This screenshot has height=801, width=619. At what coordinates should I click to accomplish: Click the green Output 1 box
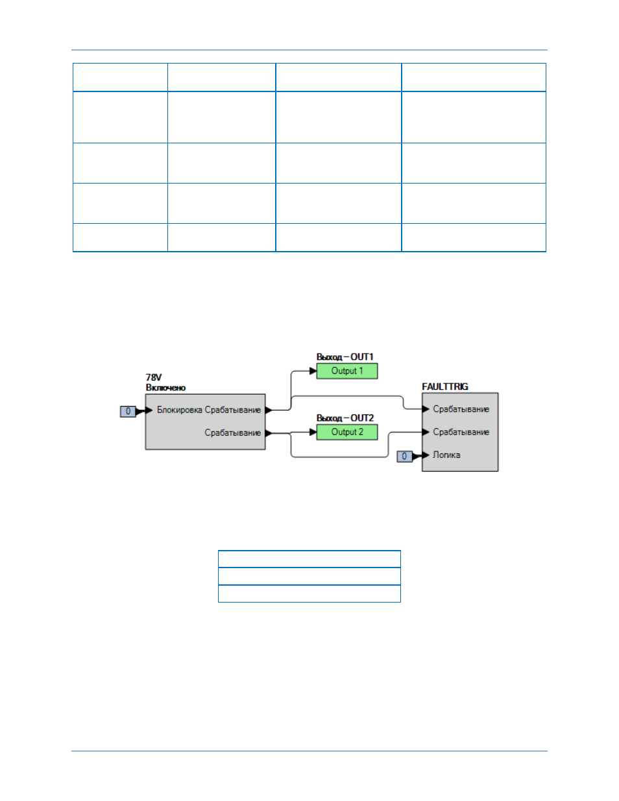click(347, 371)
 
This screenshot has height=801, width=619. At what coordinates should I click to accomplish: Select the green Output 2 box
click(347, 432)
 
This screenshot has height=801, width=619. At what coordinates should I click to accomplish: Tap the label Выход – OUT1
click(345, 357)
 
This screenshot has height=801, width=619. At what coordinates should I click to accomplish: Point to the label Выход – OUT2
click(345, 418)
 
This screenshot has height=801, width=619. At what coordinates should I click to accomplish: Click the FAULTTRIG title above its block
click(445, 387)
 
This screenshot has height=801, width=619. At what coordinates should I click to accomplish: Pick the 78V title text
click(153, 377)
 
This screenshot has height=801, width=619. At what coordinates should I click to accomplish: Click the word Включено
click(165, 388)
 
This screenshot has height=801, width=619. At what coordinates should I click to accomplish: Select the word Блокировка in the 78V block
click(180, 410)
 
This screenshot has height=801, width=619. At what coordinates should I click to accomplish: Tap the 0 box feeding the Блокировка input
click(128, 411)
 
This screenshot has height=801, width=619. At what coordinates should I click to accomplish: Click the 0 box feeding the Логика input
click(404, 457)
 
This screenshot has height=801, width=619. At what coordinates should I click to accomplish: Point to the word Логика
click(446, 455)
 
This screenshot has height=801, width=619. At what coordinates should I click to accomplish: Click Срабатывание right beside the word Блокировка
click(233, 410)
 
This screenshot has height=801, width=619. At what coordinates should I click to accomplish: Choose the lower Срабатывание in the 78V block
click(233, 433)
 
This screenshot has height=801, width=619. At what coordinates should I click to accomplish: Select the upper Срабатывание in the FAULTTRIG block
click(461, 409)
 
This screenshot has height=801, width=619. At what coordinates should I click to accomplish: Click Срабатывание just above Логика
click(461, 432)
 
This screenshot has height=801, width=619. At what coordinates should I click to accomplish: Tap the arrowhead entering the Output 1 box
click(313, 371)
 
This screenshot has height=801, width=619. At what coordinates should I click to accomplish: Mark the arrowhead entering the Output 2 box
click(313, 432)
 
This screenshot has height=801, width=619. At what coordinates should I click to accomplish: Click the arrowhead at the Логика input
click(425, 455)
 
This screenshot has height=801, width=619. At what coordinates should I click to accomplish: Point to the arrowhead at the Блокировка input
click(149, 411)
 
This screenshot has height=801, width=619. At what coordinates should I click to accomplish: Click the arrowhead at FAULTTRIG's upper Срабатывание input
click(426, 409)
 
